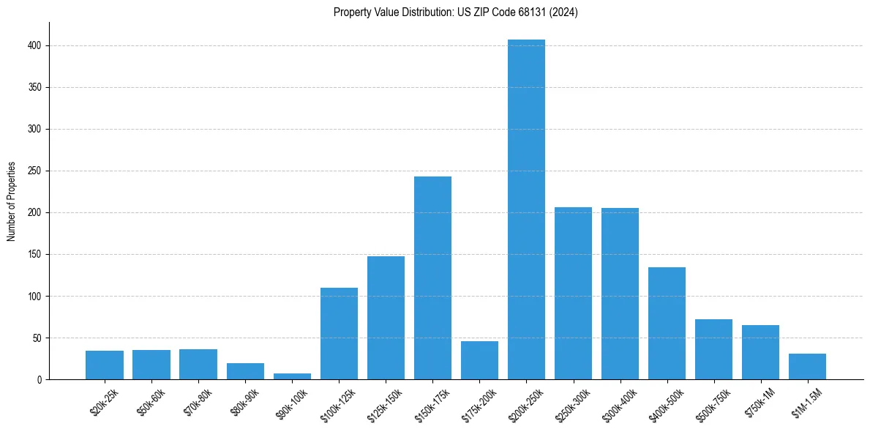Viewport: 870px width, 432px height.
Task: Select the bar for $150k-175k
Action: point(432,278)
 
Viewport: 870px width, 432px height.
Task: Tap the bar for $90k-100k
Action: point(292,376)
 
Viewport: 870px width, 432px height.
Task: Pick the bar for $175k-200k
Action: point(479,360)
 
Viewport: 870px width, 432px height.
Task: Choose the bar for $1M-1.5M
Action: point(807,367)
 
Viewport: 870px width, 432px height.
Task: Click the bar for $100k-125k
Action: point(339,334)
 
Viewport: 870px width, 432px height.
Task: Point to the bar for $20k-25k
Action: point(105,365)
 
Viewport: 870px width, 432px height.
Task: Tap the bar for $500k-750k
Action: point(713,349)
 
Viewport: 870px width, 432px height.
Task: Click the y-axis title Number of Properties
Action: point(12,201)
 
